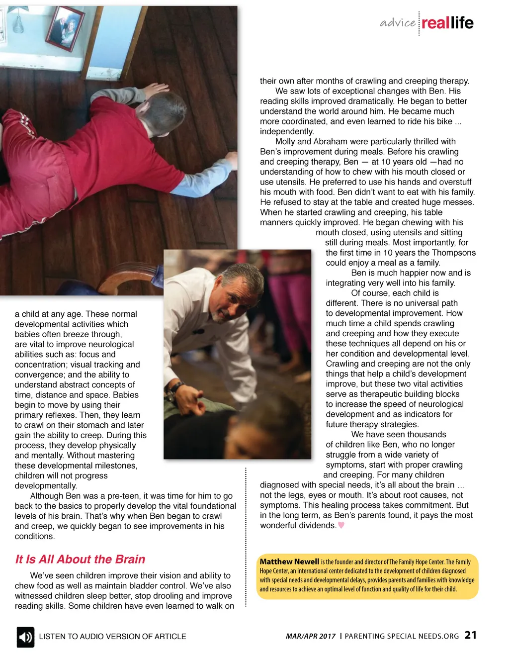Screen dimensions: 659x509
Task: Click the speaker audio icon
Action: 25,637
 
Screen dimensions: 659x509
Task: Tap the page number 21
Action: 470,635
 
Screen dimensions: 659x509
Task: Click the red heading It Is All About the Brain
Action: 80,560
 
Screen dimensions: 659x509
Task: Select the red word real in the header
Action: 435,23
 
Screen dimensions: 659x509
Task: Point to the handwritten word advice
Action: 398,23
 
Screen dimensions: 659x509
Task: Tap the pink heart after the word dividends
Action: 341,525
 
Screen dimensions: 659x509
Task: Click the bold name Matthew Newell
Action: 289,562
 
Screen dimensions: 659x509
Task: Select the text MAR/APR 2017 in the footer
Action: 311,636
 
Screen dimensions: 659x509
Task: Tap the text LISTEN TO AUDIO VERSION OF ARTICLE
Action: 112,637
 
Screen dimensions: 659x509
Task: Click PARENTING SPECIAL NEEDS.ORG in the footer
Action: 402,636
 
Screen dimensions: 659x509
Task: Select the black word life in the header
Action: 462,23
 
